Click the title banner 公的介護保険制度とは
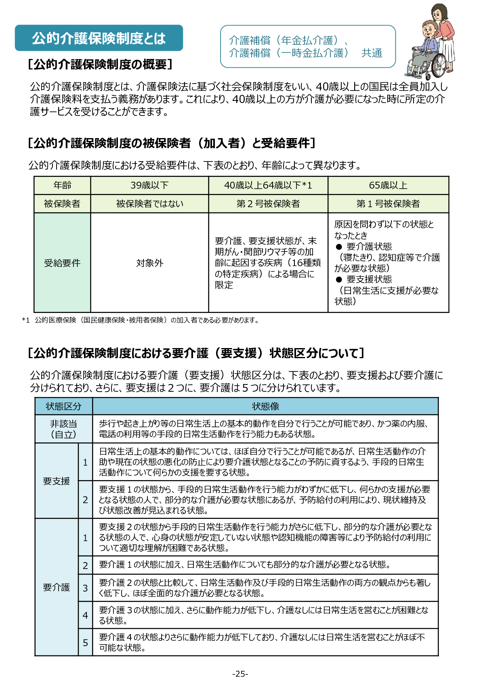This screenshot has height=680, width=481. coord(99,38)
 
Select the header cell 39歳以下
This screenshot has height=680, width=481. coord(149,185)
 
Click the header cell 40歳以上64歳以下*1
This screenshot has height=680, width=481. coord(268,185)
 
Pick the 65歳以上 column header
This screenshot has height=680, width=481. coord(388,185)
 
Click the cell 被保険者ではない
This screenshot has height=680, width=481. coord(149,204)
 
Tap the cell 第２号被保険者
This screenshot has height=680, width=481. coord(268,204)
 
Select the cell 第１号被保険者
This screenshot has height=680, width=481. coord(388,204)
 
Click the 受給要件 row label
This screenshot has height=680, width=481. coord(62,263)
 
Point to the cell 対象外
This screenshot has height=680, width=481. coord(149,263)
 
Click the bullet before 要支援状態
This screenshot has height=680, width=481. coord(339,279)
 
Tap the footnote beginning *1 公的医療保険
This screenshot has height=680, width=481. coord(140,320)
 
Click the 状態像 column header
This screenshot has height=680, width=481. coord(265,406)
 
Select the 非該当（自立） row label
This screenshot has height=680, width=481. coord(63,429)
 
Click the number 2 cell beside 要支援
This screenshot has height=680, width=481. coord(85,500)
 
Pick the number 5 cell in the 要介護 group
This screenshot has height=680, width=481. coord(85,642)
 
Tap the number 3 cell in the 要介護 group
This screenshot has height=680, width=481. coord(85,588)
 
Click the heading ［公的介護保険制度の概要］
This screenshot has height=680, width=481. coord(100,65)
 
